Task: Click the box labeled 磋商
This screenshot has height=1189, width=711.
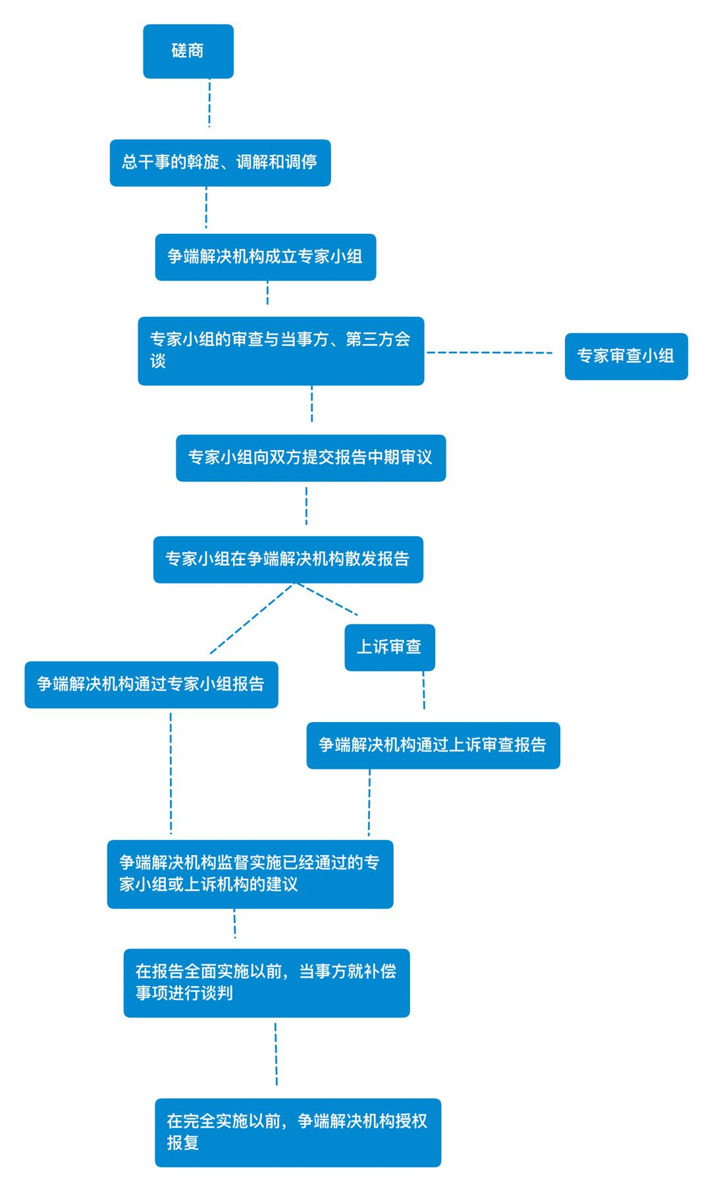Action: tap(188, 51)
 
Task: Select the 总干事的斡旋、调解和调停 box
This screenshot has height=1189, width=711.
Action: tap(220, 163)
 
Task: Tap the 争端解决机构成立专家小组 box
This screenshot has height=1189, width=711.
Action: tap(265, 257)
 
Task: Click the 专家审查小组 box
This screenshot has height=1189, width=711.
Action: tap(626, 356)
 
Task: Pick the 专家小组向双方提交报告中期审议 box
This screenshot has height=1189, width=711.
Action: tap(311, 458)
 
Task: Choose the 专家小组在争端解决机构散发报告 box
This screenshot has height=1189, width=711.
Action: tap(288, 559)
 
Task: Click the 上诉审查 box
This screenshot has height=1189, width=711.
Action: tap(390, 648)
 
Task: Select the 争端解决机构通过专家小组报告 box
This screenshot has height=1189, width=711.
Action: tap(151, 684)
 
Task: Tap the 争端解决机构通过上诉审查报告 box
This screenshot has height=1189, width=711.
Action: tap(433, 746)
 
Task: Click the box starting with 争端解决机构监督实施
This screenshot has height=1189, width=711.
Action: tap(250, 874)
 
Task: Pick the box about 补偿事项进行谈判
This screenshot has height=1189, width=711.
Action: tap(267, 983)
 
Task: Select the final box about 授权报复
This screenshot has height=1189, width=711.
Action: tap(298, 1132)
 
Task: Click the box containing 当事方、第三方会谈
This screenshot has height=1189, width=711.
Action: tap(281, 351)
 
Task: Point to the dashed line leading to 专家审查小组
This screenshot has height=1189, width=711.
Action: tap(490, 352)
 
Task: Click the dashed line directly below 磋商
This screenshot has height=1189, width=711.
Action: tap(209, 103)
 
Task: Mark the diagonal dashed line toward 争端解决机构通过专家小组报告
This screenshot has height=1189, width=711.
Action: tap(252, 619)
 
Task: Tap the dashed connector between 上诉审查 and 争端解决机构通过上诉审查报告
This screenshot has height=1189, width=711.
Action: tap(423, 690)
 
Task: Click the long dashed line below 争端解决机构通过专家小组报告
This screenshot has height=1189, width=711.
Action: tap(171, 773)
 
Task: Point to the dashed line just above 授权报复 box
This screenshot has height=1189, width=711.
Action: tap(276, 1053)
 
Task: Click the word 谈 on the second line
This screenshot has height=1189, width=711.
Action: tap(157, 362)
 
